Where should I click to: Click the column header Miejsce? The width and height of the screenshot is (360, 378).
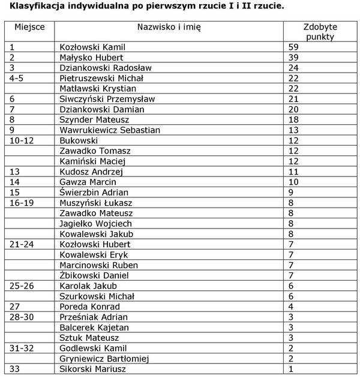pos(28,28)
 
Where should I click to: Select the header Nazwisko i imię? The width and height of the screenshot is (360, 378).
pos(169,28)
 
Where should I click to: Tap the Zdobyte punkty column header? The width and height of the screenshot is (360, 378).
pos(320,32)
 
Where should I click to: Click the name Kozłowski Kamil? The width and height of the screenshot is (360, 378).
pos(93,47)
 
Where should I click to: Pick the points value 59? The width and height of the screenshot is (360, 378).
pos(293,47)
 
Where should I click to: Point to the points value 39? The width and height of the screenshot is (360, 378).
pos(293,57)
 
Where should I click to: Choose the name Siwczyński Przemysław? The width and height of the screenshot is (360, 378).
pos(107,98)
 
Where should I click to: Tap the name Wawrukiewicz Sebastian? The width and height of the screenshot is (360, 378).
pos(110,130)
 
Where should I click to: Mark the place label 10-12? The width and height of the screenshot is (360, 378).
pos(22,140)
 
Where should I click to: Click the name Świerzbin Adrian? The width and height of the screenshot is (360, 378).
pos(94,193)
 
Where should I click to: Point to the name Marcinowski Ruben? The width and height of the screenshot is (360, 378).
pos(99,265)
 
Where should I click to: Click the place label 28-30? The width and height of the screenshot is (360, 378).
pos(22,317)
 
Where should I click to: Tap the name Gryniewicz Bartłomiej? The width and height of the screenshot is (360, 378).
pos(105,359)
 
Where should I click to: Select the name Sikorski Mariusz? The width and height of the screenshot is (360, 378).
pos(93,369)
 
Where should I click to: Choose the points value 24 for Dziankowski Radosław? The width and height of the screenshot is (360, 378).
pos(293,67)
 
